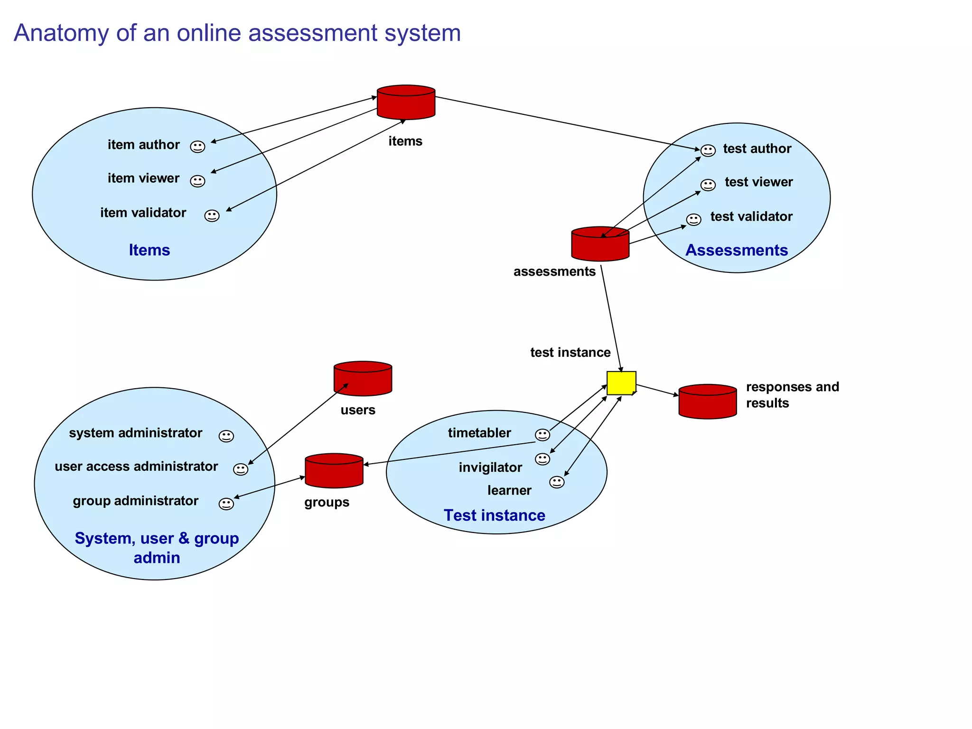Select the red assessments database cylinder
tap(600, 244)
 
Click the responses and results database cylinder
tap(707, 402)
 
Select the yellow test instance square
tap(621, 383)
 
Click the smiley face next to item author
tap(197, 147)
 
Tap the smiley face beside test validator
tap(693, 220)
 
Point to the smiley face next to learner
tap(556, 482)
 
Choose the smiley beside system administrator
tap(226, 436)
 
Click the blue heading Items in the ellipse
tap(149, 250)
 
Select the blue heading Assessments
tap(736, 250)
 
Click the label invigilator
tap(490, 467)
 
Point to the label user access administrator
tap(136, 467)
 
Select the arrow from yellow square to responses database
tap(657, 390)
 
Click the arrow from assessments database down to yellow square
tap(611, 318)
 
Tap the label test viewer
tap(758, 182)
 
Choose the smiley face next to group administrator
tap(226, 504)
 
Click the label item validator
tap(143, 213)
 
